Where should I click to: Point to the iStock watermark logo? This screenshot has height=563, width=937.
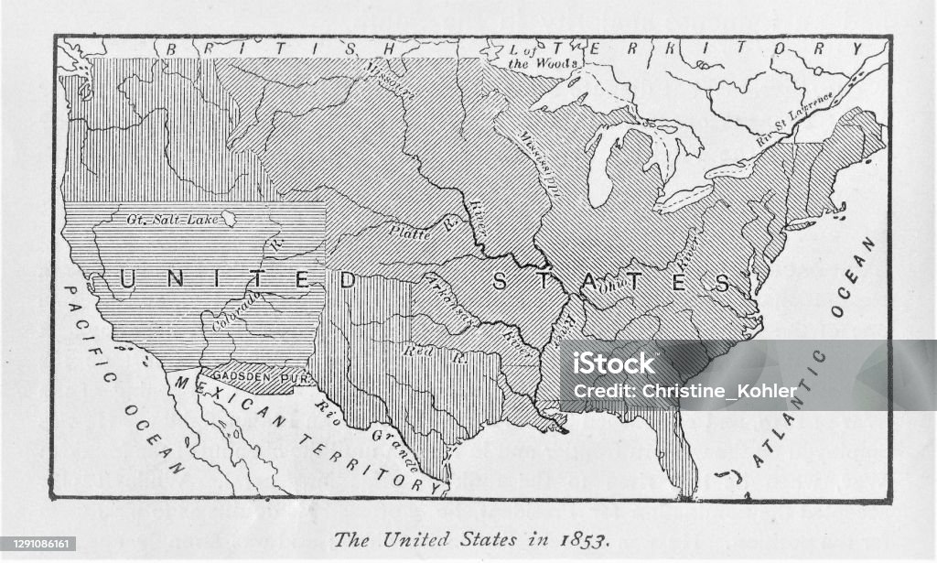pos(608,363)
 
